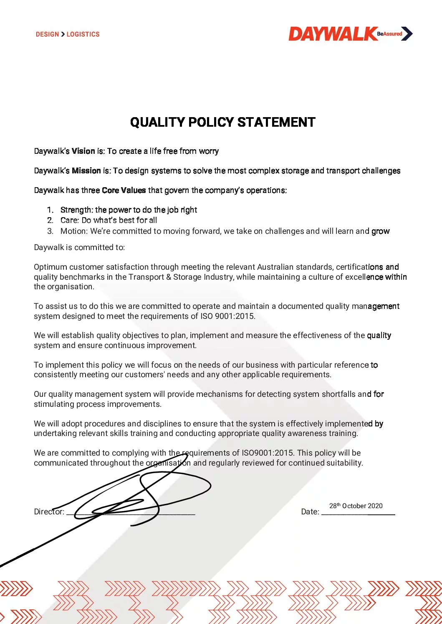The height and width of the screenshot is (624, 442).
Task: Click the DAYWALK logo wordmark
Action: coord(333,34)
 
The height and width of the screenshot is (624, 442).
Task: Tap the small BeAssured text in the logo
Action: coord(389,34)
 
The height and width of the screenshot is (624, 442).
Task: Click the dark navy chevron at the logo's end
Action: coord(407,34)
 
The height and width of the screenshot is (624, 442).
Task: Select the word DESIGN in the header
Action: coord(47,34)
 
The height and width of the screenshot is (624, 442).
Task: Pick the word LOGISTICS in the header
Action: coord(83,34)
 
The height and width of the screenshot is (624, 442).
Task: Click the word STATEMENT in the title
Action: coord(276,122)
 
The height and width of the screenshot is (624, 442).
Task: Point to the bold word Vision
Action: coord(83,151)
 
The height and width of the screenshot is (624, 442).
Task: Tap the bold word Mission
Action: coord(86,170)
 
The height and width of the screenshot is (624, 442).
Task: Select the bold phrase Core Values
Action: coord(124,190)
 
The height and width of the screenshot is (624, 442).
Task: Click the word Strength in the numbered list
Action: coord(76,210)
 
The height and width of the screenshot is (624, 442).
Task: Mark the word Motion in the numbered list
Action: coord(73,231)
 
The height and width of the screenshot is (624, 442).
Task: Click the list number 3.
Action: coord(50,231)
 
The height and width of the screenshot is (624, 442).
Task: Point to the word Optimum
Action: coord(50,267)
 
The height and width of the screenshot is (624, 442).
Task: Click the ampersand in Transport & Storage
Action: coord(169,277)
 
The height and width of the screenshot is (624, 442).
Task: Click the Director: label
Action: coord(49,511)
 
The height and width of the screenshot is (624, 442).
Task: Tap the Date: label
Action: coord(310,511)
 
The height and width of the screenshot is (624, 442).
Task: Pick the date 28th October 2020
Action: coord(356,506)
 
